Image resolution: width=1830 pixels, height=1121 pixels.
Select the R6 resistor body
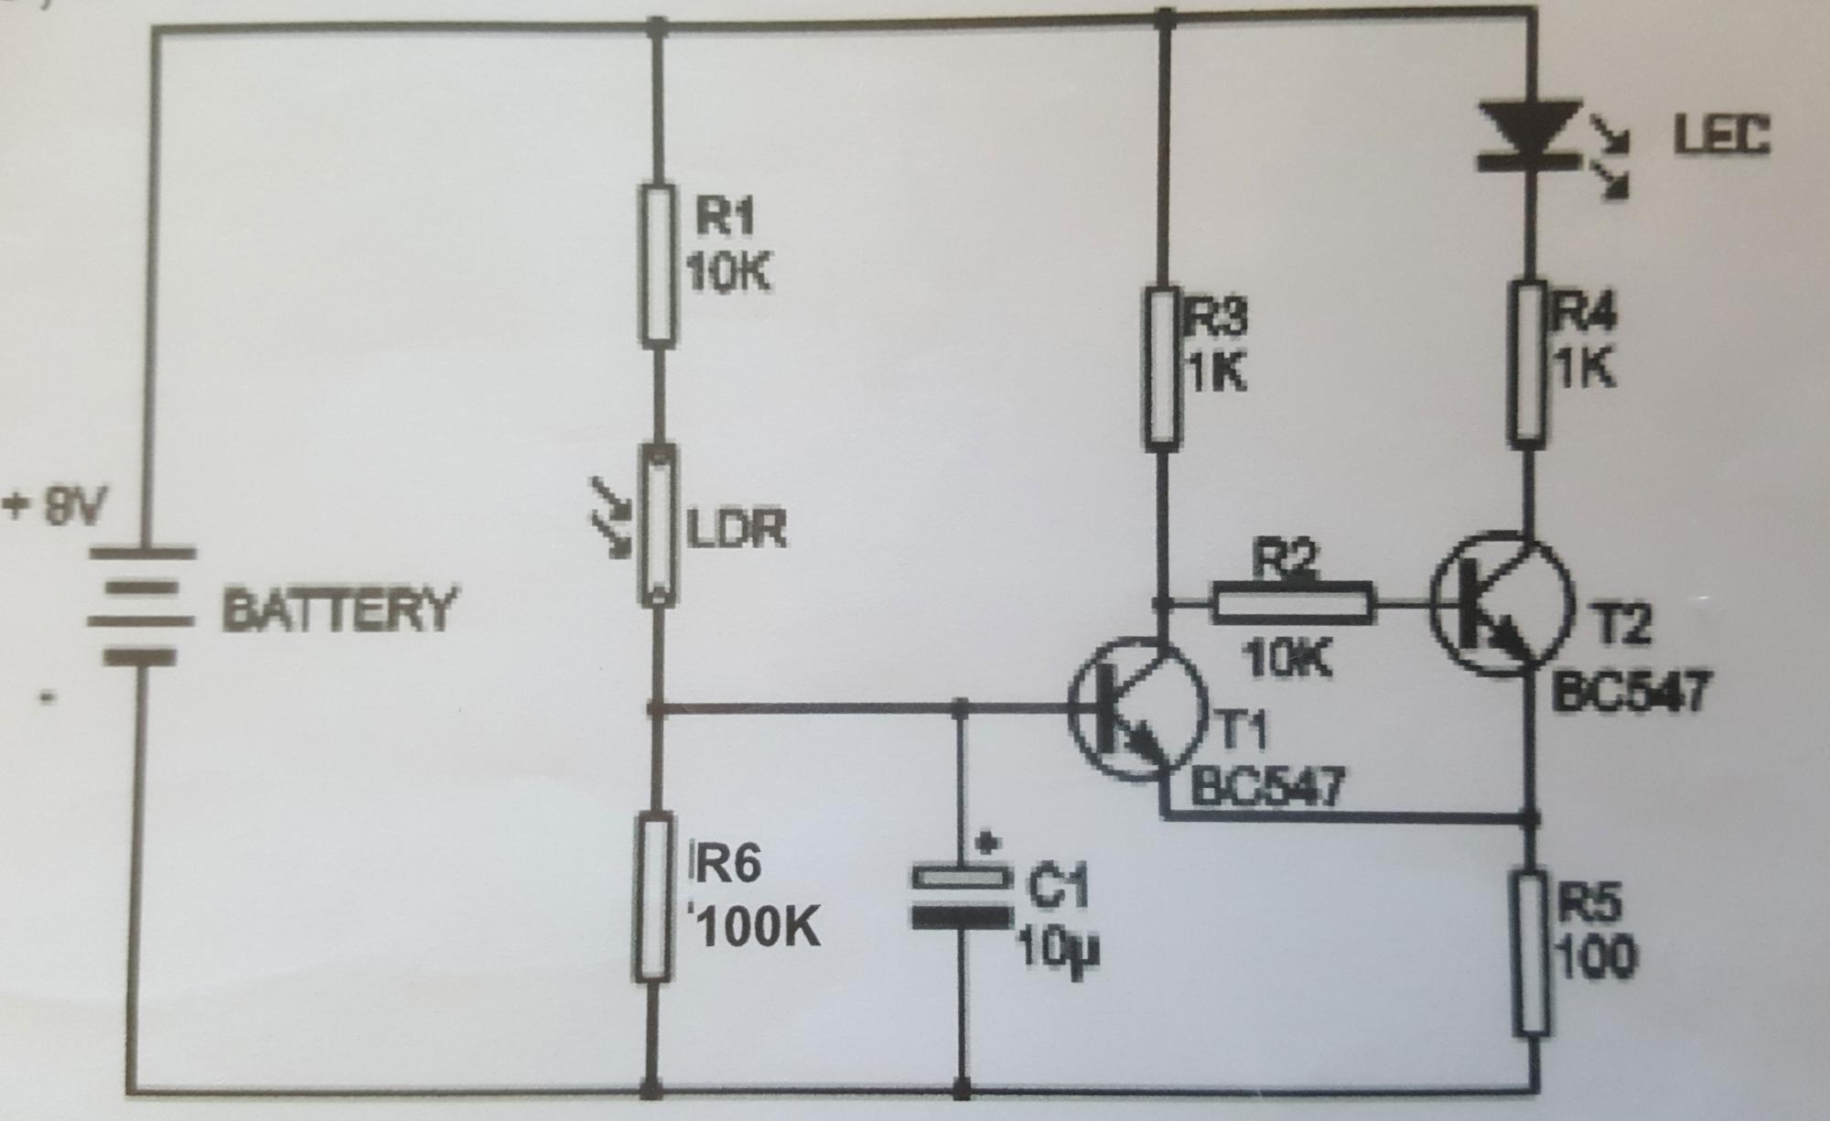654,896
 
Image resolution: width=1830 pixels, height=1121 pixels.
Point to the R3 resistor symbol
1161,368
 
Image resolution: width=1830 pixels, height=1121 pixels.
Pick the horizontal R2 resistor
1293,603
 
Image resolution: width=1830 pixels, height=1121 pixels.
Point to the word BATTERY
339,609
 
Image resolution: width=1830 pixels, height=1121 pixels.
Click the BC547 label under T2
1630,692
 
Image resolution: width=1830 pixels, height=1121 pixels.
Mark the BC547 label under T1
1267,787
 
